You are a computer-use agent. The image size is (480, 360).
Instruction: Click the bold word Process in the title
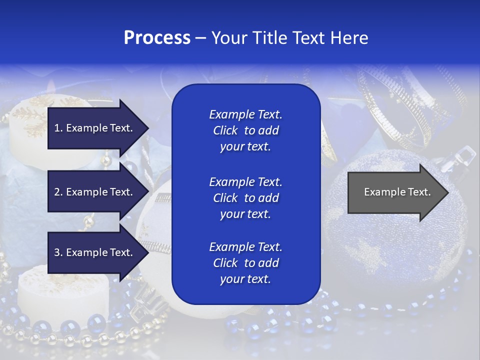[x=157, y=38]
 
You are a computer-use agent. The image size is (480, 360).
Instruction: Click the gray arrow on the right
[x=395, y=192]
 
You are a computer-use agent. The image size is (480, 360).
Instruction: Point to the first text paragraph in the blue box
[x=245, y=130]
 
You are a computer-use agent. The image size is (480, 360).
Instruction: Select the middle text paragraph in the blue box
[x=245, y=198]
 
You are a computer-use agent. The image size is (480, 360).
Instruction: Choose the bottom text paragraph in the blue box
[x=245, y=263]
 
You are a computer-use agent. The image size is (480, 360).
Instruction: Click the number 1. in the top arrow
[x=58, y=128]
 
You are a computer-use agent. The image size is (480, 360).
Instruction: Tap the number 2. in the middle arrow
[x=58, y=192]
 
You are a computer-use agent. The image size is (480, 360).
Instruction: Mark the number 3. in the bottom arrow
[x=58, y=253]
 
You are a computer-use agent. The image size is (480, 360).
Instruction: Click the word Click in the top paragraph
[x=225, y=130]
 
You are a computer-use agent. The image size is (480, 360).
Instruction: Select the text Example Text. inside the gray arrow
[x=397, y=192]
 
